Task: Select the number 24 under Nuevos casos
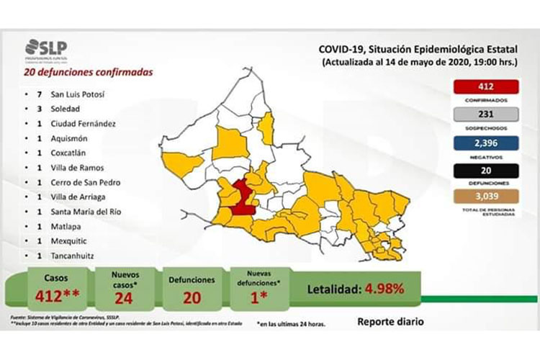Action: pos(122,297)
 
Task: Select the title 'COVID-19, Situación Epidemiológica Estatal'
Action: pos(418,49)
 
